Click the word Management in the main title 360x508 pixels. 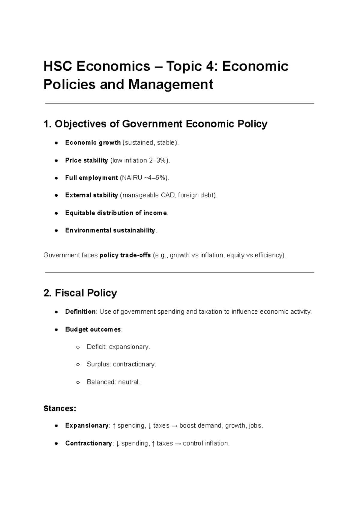(x=171, y=84)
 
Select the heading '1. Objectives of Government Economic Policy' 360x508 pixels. (x=155, y=124)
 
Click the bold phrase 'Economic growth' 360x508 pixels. (x=93, y=143)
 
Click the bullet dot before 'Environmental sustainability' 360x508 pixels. (x=56, y=231)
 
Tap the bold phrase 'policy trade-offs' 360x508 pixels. (x=125, y=255)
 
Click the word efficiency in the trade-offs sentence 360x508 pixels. (x=268, y=255)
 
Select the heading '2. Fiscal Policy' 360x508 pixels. (x=80, y=293)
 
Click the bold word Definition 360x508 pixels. (x=80, y=312)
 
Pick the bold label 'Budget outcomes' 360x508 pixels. (x=93, y=330)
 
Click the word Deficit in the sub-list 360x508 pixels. (x=96, y=347)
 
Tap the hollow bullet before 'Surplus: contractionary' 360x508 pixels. (x=78, y=365)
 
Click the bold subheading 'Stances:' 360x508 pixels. (x=60, y=408)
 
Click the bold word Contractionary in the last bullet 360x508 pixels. (x=88, y=444)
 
